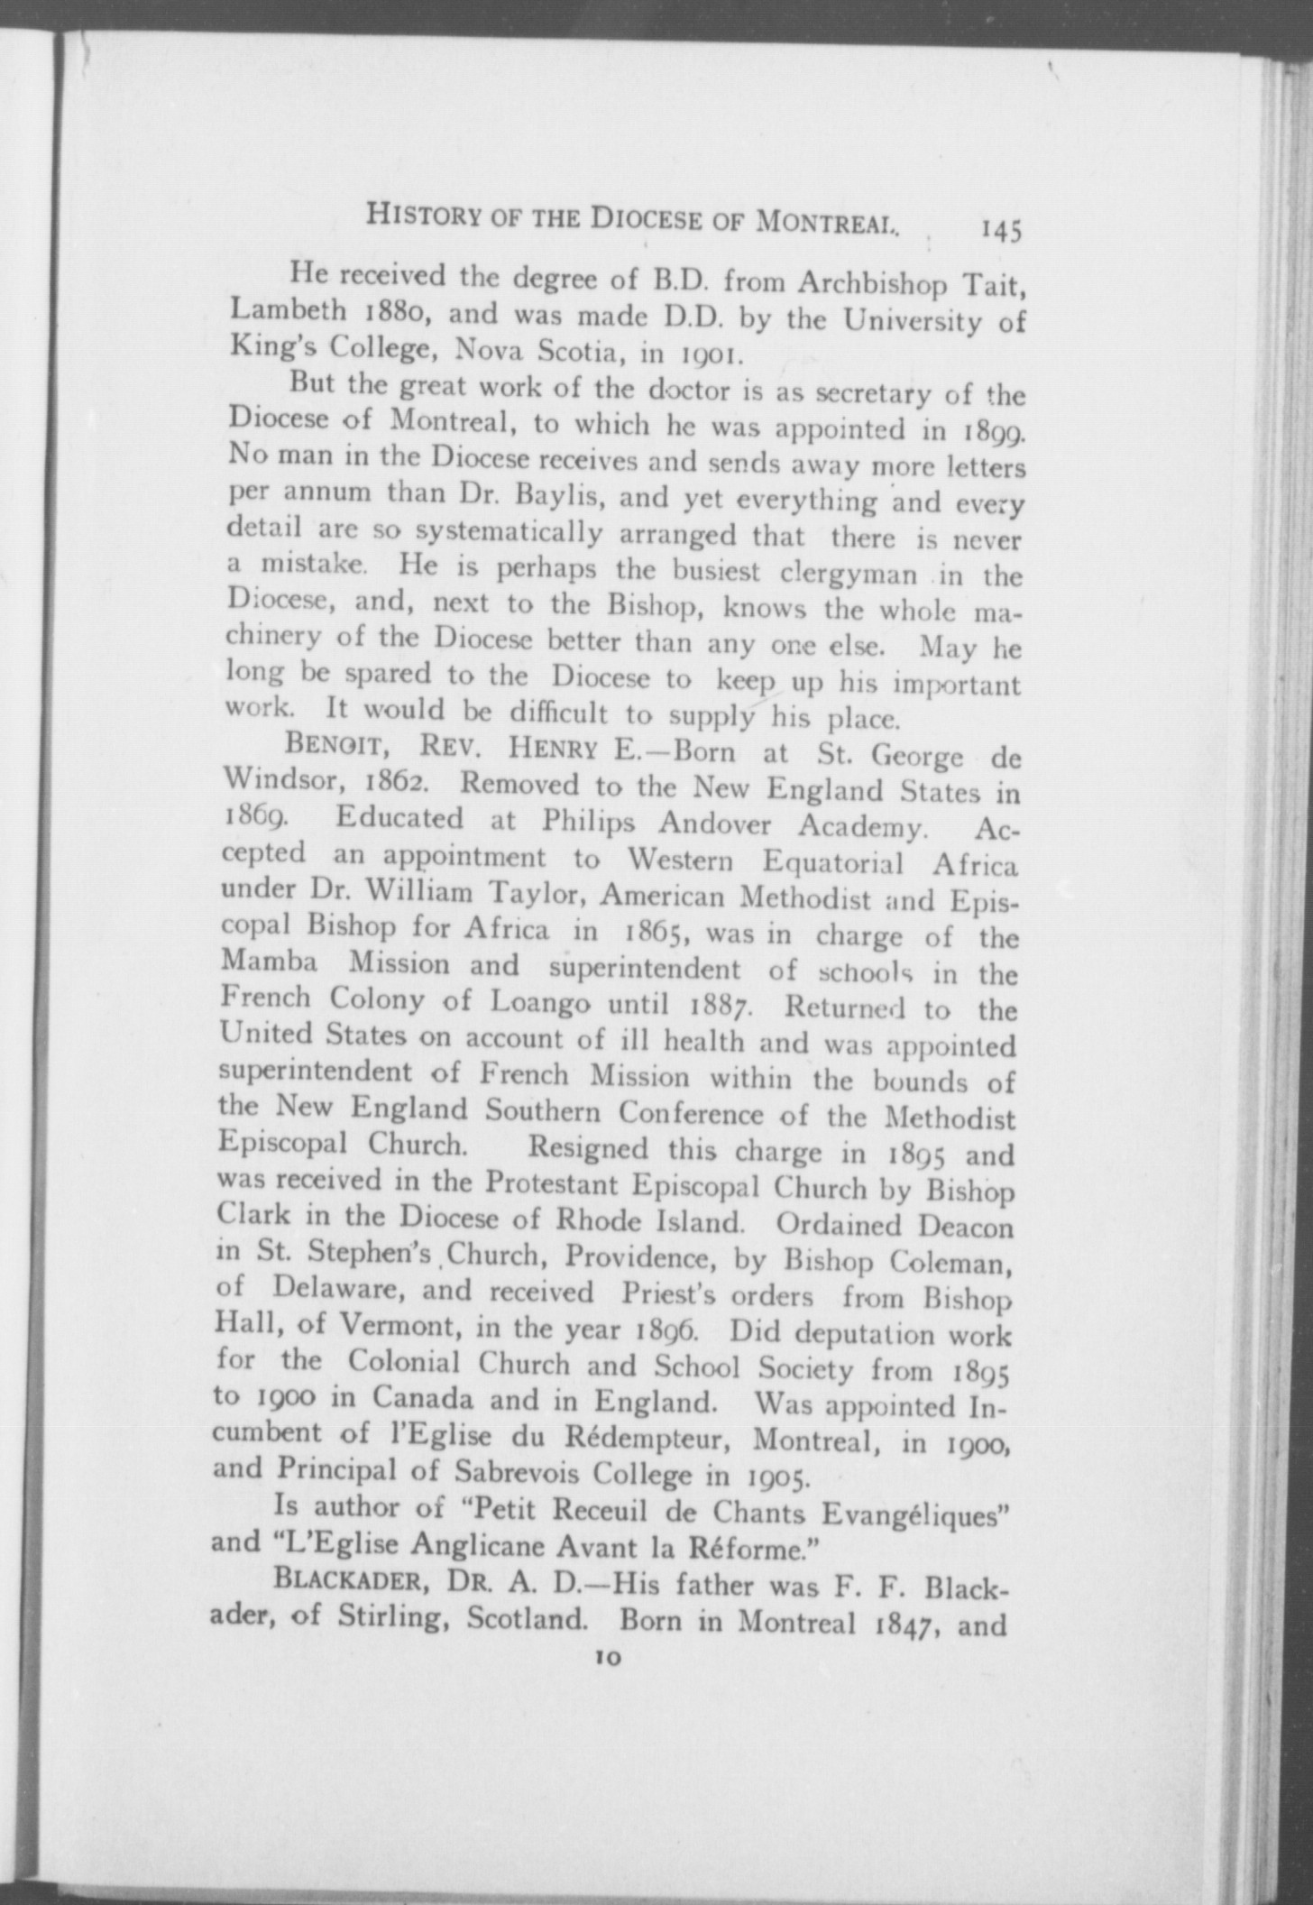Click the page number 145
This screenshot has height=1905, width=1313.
coord(1002,231)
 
